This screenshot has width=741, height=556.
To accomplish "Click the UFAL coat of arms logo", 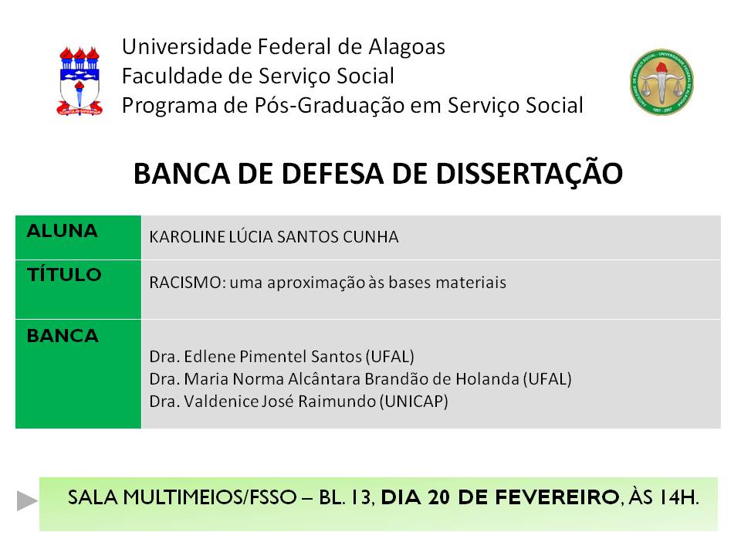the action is pyautogui.click(x=80, y=81).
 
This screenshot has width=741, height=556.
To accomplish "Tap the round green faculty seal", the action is pyautogui.click(x=661, y=82).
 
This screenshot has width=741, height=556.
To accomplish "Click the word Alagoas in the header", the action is pyautogui.click(x=407, y=47).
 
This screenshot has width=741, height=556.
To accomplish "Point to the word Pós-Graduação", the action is pyautogui.click(x=330, y=106).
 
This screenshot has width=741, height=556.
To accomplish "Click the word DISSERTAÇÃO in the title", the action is pyautogui.click(x=530, y=173).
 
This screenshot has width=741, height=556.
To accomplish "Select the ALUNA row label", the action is pyautogui.click(x=62, y=231).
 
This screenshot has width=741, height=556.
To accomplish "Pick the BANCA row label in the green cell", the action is pyautogui.click(x=63, y=336).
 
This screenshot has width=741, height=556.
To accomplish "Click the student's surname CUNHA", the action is pyautogui.click(x=370, y=237).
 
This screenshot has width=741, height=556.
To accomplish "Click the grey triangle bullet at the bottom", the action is pyautogui.click(x=28, y=500).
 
